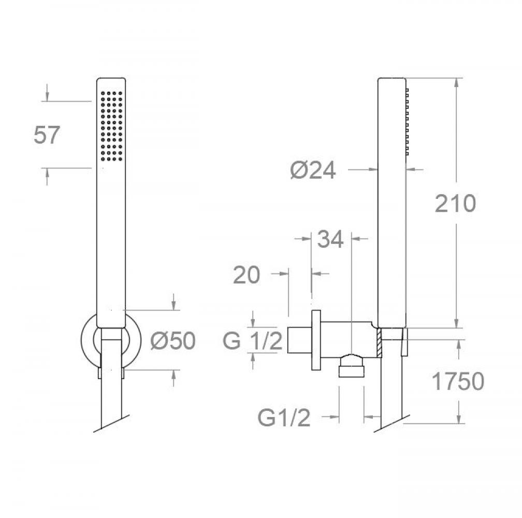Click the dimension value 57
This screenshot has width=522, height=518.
pos(47,135)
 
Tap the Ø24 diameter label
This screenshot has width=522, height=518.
pos(313,170)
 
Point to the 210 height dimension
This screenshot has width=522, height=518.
pos(455,204)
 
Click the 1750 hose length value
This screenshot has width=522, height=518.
pos(458,381)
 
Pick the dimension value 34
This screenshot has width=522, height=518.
pos(330,239)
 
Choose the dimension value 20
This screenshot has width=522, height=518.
pos(247,275)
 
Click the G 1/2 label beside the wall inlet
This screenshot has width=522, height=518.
pos(253,340)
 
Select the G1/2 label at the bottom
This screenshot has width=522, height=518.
pos(284,418)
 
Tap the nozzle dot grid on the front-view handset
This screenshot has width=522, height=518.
pos(111,126)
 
